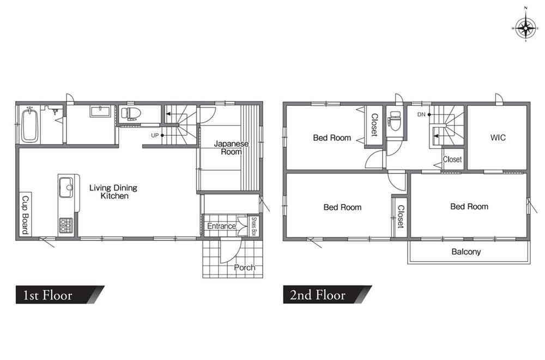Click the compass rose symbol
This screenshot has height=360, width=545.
525,28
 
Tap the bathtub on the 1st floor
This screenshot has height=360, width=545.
29,125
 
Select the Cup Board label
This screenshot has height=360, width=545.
25,214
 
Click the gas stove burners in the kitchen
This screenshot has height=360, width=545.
66,225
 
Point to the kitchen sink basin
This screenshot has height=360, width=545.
66,188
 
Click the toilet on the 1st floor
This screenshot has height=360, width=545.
131,113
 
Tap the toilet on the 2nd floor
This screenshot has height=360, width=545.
395,121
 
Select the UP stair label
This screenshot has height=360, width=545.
155,135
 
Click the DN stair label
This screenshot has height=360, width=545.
421,115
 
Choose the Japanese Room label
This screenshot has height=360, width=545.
231,147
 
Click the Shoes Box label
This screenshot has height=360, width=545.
254,226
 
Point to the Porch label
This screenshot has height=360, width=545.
244,267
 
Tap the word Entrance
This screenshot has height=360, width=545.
221,226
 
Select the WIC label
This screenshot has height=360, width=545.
498,137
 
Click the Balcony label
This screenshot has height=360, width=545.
466,251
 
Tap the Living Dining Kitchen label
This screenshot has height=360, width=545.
113,191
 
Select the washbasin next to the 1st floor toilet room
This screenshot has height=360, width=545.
100,112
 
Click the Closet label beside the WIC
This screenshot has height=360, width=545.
452,159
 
